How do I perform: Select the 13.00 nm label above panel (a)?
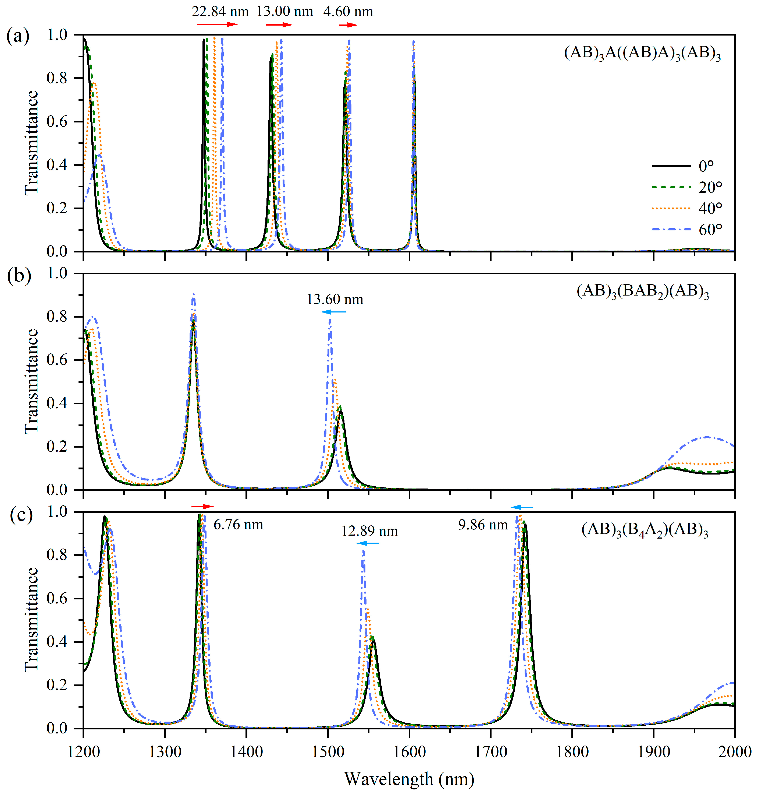285,11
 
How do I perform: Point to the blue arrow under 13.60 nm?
333,312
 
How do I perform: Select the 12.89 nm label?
369,531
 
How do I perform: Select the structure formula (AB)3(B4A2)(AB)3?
645,530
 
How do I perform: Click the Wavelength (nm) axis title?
409,779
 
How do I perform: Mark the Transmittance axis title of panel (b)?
31,382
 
